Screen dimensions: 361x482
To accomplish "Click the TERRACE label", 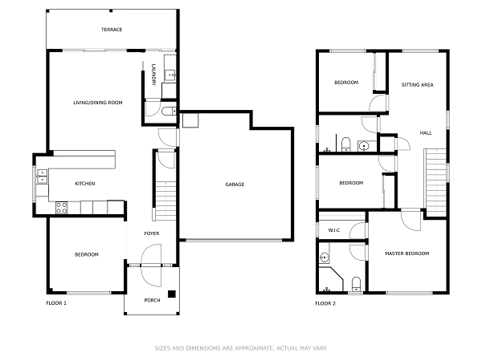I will pos(112,30).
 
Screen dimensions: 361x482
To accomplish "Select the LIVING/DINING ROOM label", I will pos(98,102).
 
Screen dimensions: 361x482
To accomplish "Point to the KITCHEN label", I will pos(85,184).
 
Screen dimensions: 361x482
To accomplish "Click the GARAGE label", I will pos(235,185).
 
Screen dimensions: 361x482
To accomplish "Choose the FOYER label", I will pos(151,233).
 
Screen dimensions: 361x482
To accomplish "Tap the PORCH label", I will pos(152,300).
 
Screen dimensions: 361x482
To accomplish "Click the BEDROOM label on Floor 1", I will pos(86,254).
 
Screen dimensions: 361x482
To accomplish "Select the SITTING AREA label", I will pos(417,84).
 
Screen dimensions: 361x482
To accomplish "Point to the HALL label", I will pos(425,132).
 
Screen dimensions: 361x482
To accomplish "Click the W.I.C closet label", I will pos(334,230).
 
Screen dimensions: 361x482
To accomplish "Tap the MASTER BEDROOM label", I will pos(406,254).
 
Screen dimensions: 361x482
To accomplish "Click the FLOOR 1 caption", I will pos(56,303).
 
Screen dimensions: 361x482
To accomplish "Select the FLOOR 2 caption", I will pos(325,303).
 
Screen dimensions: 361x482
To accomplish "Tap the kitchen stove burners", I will pos(61,208).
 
